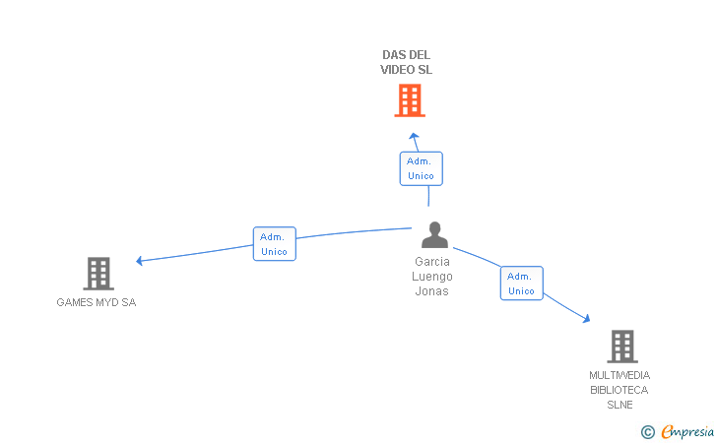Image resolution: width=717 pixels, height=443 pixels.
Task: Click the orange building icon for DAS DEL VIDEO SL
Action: tap(410, 100)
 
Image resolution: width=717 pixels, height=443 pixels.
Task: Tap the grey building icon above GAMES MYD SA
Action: tap(98, 273)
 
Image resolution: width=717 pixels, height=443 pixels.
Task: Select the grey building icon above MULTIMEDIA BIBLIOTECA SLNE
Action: tap(621, 346)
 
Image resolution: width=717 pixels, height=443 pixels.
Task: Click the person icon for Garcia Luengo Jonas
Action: tap(434, 235)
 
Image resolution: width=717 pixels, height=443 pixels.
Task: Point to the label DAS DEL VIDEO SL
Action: tap(407, 62)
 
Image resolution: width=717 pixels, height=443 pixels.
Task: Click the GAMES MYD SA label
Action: tap(97, 302)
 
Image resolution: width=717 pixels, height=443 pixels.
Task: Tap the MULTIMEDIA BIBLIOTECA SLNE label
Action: tap(619, 390)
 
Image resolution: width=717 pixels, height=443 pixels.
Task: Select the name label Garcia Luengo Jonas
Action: tap(432, 277)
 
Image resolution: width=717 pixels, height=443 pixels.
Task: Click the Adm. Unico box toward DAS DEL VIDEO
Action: tap(421, 168)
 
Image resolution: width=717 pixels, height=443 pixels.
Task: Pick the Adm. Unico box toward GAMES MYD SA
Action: tap(274, 244)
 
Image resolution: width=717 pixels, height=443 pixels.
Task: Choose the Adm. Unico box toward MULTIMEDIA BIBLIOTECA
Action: tap(521, 284)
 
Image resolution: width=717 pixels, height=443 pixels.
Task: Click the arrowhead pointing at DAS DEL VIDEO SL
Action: tap(414, 137)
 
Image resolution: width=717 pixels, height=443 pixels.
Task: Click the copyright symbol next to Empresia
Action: tap(647, 431)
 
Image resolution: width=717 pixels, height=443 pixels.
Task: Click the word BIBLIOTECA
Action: tap(619, 390)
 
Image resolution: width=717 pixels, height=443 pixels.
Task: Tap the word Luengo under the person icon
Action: tap(432, 277)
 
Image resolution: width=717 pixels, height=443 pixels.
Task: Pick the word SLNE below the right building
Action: tap(619, 405)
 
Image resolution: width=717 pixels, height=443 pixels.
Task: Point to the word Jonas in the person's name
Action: tap(432, 291)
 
